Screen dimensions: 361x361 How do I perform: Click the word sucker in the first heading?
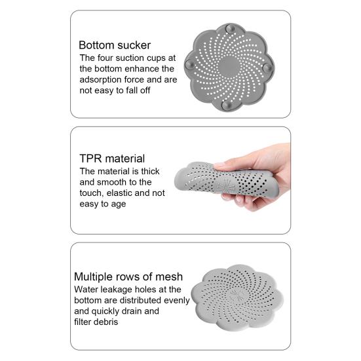[133, 45]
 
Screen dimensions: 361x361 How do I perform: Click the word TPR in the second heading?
[90, 159]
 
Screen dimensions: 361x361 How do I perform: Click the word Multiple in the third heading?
[95, 276]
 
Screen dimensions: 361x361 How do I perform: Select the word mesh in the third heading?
[169, 276]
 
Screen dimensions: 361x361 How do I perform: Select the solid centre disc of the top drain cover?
[228, 65]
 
